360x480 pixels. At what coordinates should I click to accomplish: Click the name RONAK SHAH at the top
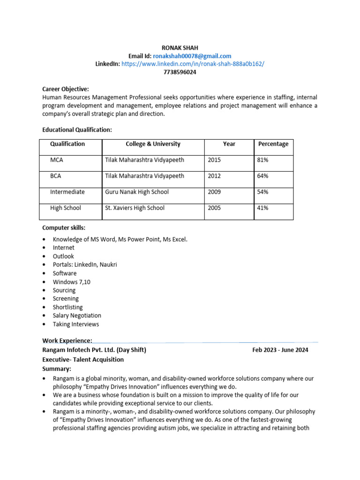point(180,47)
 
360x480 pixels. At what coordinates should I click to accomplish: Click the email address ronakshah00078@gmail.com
point(192,56)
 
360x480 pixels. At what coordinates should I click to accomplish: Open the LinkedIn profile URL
point(193,64)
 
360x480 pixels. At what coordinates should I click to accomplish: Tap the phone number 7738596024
point(180,72)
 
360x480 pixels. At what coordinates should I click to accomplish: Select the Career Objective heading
point(66,89)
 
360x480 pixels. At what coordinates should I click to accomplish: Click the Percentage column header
point(273,144)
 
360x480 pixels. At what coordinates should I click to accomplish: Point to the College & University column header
point(153,144)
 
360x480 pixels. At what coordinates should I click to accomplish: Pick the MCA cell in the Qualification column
point(57,160)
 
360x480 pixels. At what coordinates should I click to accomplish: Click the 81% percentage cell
point(262,160)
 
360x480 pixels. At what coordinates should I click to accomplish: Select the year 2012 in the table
point(214,176)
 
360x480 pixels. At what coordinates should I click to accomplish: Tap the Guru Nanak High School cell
point(137,192)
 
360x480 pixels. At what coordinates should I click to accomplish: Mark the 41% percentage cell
point(262,208)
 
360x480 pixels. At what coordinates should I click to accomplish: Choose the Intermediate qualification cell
point(67,192)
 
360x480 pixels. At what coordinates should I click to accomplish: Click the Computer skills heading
point(64,228)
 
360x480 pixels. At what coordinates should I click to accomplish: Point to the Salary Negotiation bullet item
point(77,315)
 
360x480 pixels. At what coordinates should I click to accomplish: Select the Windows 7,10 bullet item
point(72,282)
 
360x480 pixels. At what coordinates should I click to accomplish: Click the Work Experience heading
point(67,340)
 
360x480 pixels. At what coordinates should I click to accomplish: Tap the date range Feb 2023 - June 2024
point(280,350)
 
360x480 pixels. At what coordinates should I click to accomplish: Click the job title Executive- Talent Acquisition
point(83,360)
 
